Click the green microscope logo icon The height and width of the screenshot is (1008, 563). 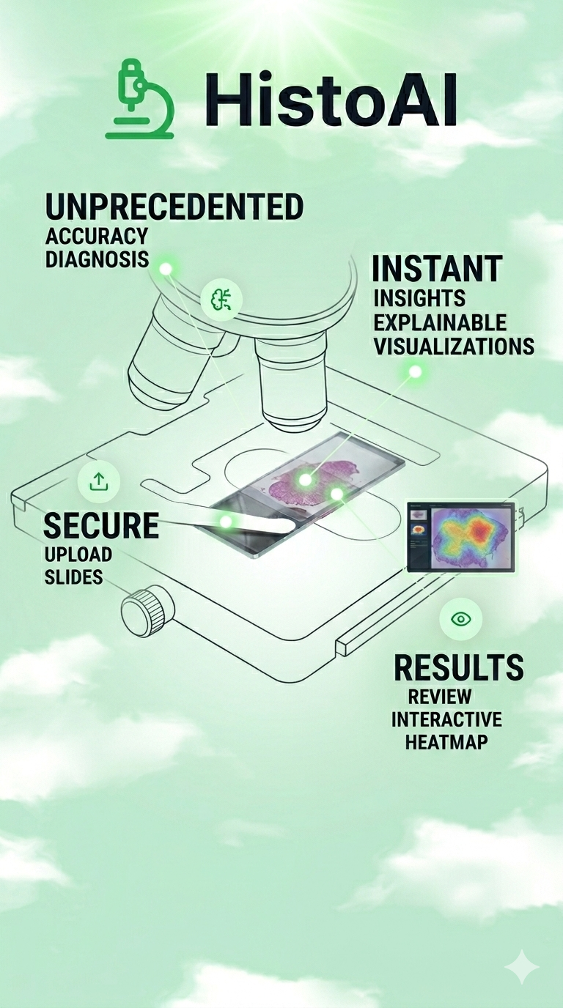coord(139,99)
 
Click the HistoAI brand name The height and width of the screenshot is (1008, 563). coord(331,100)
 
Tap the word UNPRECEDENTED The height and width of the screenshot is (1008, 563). coord(174,207)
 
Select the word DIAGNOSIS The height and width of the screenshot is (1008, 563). coord(97,259)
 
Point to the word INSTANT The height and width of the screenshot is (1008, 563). coord(437,268)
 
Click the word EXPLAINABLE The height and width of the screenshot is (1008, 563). coord(440,322)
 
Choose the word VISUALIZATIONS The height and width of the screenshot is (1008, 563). coord(454,346)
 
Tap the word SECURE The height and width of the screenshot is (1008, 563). coord(101,525)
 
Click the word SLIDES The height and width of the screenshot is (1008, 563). coord(74,577)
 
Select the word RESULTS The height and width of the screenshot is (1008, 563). coord(459,667)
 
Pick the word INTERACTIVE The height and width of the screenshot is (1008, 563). coord(446,719)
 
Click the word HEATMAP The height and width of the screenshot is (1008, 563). coord(446,741)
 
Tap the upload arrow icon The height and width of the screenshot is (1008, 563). coord(99,481)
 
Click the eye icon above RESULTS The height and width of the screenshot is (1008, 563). coord(461,619)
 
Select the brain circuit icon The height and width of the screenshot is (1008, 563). coord(221,300)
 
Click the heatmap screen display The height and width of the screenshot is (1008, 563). coord(460,537)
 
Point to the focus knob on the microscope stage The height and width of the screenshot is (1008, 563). coord(148,612)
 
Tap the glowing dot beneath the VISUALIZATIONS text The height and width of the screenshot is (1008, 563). coord(415,371)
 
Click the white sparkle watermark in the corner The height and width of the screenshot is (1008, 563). coord(521,966)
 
